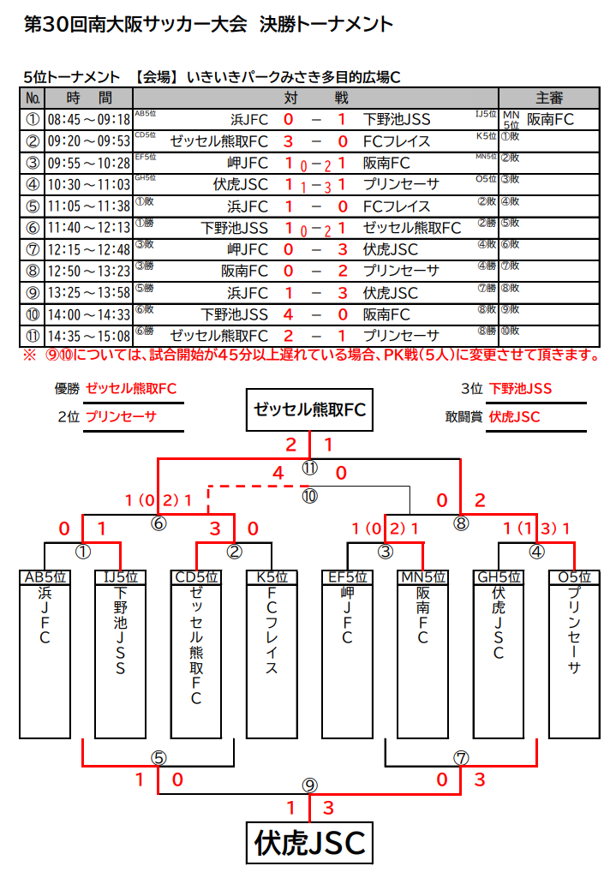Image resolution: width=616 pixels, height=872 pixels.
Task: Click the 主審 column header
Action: pos(548,99)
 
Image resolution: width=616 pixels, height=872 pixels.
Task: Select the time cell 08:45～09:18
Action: pos(88,120)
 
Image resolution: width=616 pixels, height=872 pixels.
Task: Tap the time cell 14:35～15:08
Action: pos(88,335)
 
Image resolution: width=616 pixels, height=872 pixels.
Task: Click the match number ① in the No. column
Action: pos(33,120)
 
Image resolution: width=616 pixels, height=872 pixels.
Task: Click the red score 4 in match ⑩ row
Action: pos(288,314)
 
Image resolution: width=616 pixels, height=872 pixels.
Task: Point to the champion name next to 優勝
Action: pos(131,389)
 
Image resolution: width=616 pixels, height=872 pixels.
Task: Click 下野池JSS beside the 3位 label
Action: pos(521,389)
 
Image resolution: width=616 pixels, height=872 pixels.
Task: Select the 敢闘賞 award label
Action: pos(464,417)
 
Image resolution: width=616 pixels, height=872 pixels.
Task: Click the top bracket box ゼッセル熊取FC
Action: pos(309,409)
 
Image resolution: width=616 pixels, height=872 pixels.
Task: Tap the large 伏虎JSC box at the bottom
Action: pos(309,843)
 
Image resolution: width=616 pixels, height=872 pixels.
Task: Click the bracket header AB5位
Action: pos(45,577)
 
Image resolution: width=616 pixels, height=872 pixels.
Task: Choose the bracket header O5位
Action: pos(574,577)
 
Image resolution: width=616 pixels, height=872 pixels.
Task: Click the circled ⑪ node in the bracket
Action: pos(309,469)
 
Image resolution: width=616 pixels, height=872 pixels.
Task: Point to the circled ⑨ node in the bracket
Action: pos(309,785)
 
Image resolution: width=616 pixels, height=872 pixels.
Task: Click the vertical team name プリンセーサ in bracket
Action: pos(574,632)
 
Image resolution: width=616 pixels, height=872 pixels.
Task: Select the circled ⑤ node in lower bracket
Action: pos(158,757)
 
